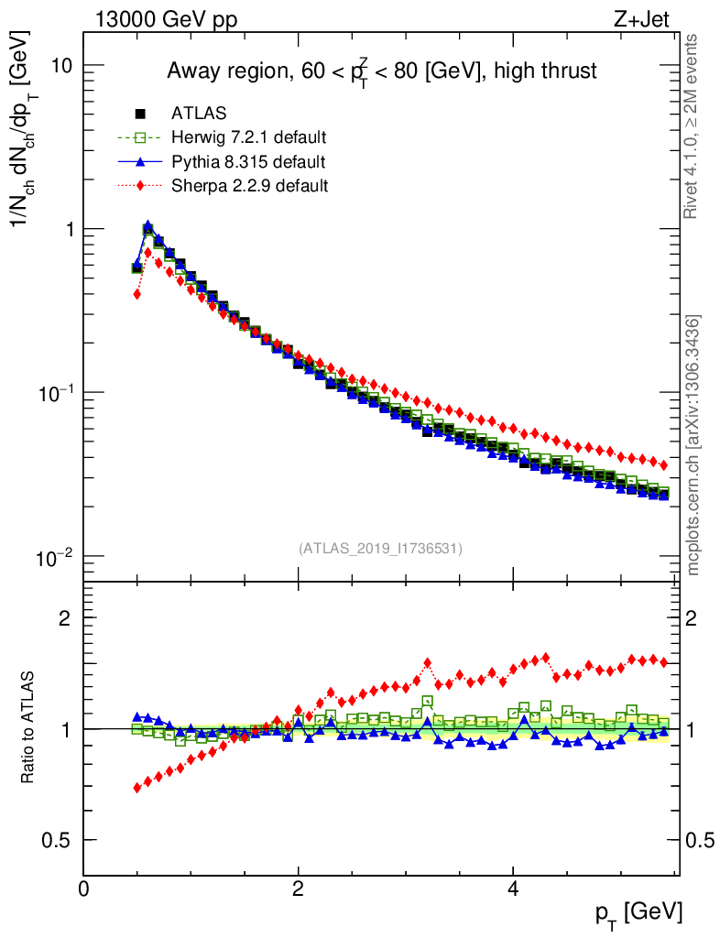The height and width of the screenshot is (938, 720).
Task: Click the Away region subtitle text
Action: coord(381,71)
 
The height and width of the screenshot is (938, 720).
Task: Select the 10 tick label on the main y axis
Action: coord(61,66)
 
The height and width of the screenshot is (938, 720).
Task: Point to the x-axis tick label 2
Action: coord(299,888)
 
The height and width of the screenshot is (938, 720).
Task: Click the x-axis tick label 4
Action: coord(513,888)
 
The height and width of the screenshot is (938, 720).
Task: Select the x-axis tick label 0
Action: coord(84,888)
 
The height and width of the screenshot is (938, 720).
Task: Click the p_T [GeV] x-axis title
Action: coord(637,911)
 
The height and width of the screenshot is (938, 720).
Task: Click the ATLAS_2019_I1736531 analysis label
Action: coord(380,549)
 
